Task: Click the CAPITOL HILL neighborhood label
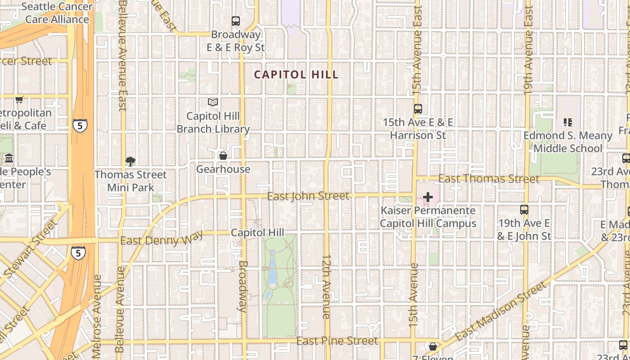click(x=296, y=75)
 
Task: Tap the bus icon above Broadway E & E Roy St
click(x=235, y=21)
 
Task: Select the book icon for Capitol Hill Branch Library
click(x=213, y=103)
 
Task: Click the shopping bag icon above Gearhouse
click(x=223, y=156)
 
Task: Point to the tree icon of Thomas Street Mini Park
click(x=130, y=161)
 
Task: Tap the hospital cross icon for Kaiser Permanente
click(x=428, y=197)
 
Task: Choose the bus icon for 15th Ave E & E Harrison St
click(x=418, y=108)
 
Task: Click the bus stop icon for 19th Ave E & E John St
click(x=524, y=209)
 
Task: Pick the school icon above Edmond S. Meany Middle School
click(x=567, y=122)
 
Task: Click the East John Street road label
click(x=308, y=196)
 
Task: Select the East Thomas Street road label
click(x=489, y=179)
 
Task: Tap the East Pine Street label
click(x=337, y=341)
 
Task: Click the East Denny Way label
click(x=161, y=239)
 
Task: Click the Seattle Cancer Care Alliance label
click(x=57, y=13)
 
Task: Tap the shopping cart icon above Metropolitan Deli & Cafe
click(x=19, y=99)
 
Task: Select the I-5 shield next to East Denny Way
click(x=78, y=253)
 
